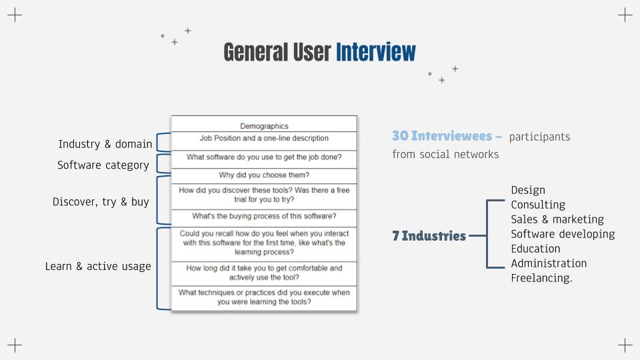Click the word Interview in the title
(x=375, y=52)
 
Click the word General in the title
(x=255, y=52)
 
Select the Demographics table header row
(x=264, y=124)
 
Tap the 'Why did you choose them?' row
(x=264, y=175)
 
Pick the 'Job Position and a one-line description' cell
(x=264, y=141)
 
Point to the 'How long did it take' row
(x=264, y=273)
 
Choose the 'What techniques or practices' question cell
(x=264, y=297)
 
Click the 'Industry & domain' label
(x=105, y=144)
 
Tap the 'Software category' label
(x=103, y=165)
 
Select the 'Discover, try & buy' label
(x=101, y=202)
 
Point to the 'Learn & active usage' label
(x=98, y=267)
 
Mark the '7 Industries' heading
(x=429, y=236)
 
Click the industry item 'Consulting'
(x=538, y=205)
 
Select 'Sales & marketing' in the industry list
(x=557, y=219)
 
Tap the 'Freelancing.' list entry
(x=541, y=279)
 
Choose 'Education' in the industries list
(x=535, y=249)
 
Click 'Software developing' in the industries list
(x=563, y=234)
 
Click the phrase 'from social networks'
(x=445, y=154)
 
